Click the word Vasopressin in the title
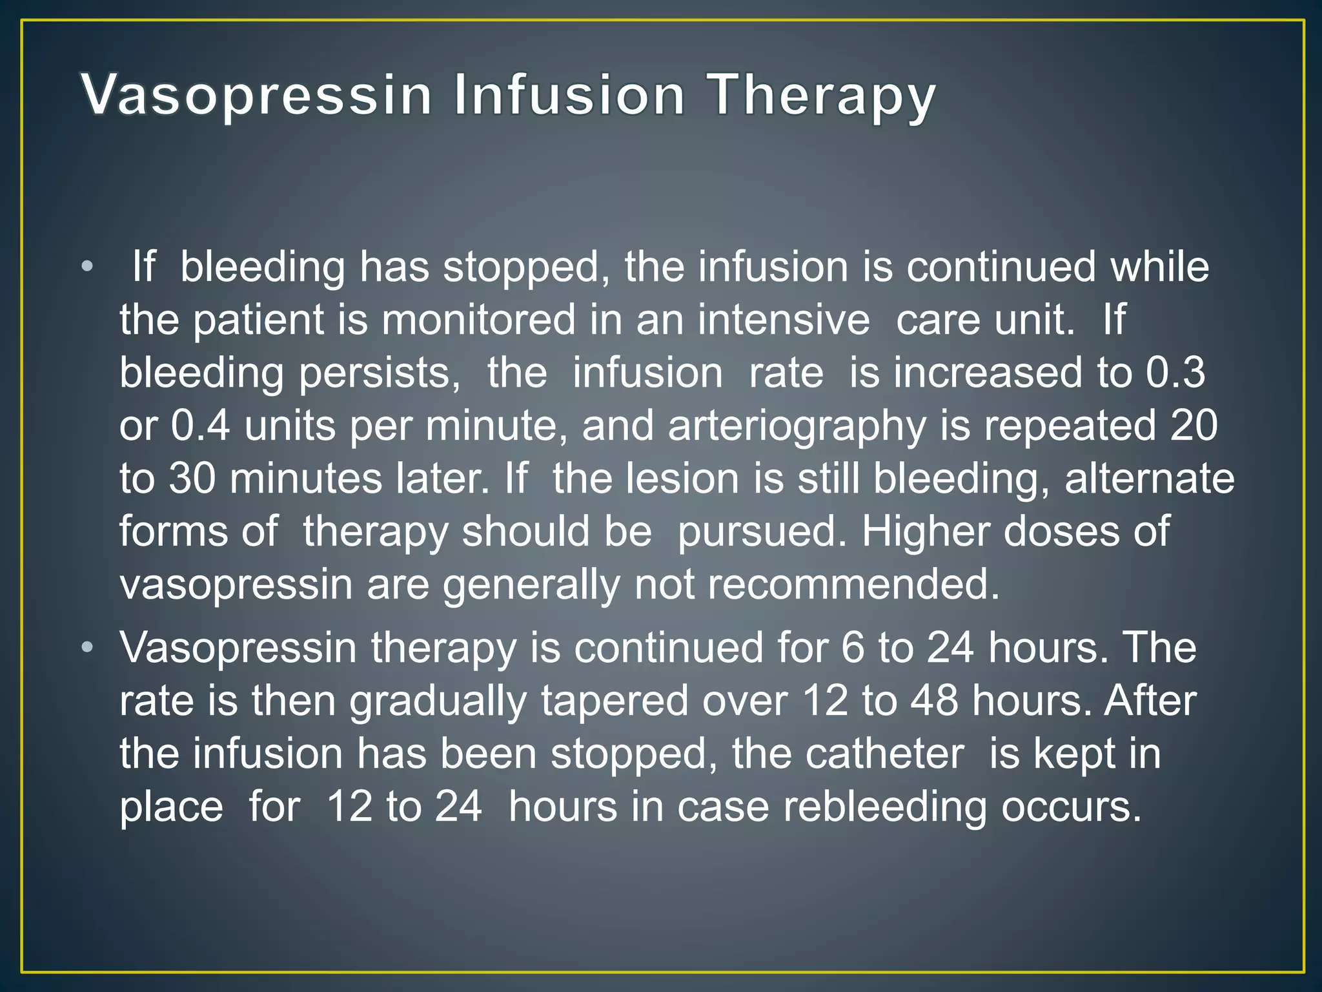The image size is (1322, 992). [x=256, y=96]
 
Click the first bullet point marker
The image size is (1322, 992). [x=88, y=266]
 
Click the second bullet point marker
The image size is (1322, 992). [x=88, y=646]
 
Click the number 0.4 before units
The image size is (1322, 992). [x=200, y=426]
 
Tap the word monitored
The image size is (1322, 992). [x=478, y=320]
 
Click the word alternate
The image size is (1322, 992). [x=1149, y=479]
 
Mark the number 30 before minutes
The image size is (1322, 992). [x=192, y=479]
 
